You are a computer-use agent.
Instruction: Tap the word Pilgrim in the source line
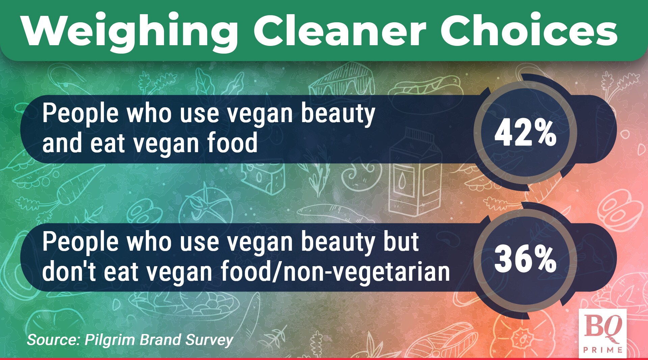pos(111,340)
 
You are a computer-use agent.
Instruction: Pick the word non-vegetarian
pos(367,271)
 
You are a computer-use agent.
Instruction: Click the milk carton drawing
pos(415,172)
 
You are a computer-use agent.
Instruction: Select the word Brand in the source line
pos(161,340)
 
